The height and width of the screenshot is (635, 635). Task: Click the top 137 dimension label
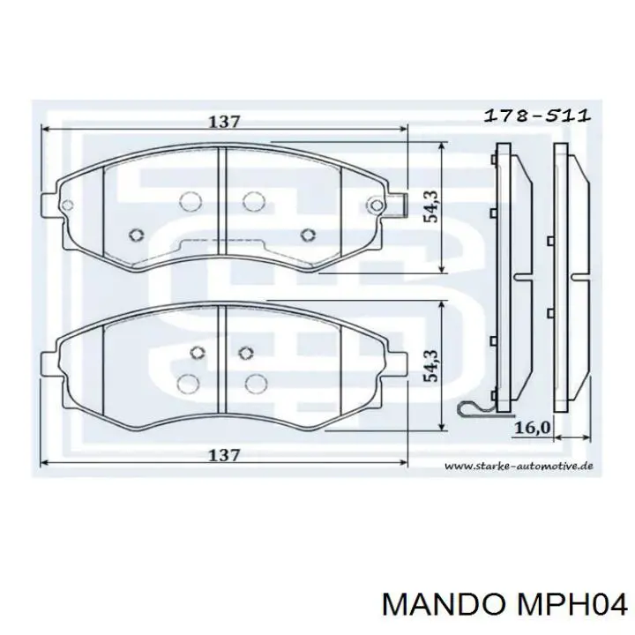pyautogui.click(x=224, y=123)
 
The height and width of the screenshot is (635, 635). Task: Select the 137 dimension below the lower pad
pyautogui.click(x=224, y=456)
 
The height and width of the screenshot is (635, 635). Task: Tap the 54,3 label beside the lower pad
pyautogui.click(x=431, y=365)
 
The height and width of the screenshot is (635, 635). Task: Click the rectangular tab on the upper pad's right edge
pyautogui.click(x=401, y=205)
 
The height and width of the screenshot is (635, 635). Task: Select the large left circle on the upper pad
pyautogui.click(x=187, y=201)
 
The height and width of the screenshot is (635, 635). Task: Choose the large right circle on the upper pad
pyautogui.click(x=253, y=201)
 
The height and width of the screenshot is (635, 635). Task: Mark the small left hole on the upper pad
pyautogui.click(x=136, y=234)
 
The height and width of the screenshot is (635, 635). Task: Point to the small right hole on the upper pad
pyautogui.click(x=307, y=234)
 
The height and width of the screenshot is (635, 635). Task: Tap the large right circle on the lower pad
pyautogui.click(x=255, y=382)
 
